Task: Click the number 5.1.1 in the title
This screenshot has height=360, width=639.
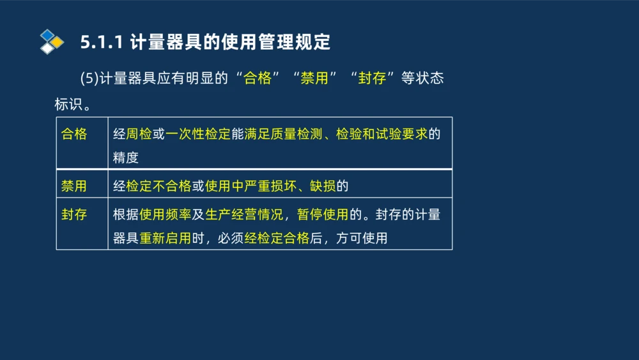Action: click(x=102, y=42)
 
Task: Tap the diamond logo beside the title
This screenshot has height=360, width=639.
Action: click(x=51, y=42)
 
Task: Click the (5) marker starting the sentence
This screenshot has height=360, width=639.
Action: click(x=90, y=78)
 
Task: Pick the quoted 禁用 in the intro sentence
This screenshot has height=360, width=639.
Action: click(x=314, y=78)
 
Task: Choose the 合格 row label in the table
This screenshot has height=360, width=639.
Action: click(x=74, y=134)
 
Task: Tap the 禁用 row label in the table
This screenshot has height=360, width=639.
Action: click(x=74, y=186)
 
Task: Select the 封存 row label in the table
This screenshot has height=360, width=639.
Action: click(x=74, y=214)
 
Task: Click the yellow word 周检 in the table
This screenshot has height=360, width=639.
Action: click(x=139, y=134)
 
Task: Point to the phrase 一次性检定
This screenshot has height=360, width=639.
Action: click(x=198, y=134)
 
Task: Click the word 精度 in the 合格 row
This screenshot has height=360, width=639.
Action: click(x=126, y=158)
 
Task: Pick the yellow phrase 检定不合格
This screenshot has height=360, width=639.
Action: click(x=159, y=186)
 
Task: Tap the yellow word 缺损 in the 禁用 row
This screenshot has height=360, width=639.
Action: click(x=323, y=186)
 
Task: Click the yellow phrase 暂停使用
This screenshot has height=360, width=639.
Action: click(x=323, y=214)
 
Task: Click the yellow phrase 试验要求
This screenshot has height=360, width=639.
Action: click(x=401, y=134)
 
